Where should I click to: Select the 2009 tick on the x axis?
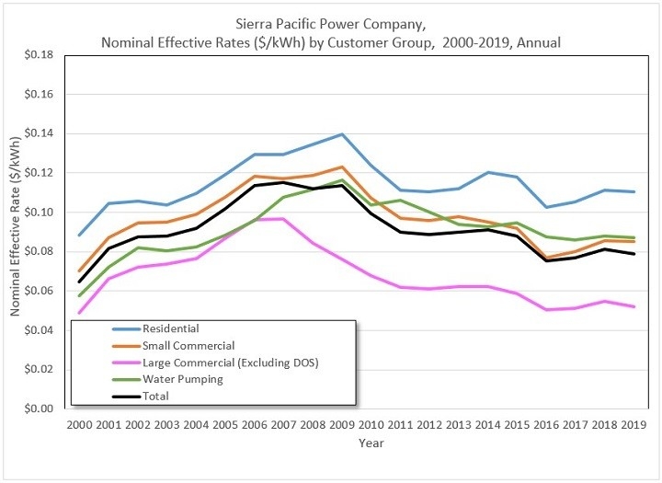pos(342,424)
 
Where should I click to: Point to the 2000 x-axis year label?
pos(80,424)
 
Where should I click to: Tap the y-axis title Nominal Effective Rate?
pos(16,232)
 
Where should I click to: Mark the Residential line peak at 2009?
pos(342,134)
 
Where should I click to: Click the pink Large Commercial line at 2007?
pos(283,219)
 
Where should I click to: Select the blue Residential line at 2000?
pos(80,236)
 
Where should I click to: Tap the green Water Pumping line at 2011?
pos(400,201)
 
